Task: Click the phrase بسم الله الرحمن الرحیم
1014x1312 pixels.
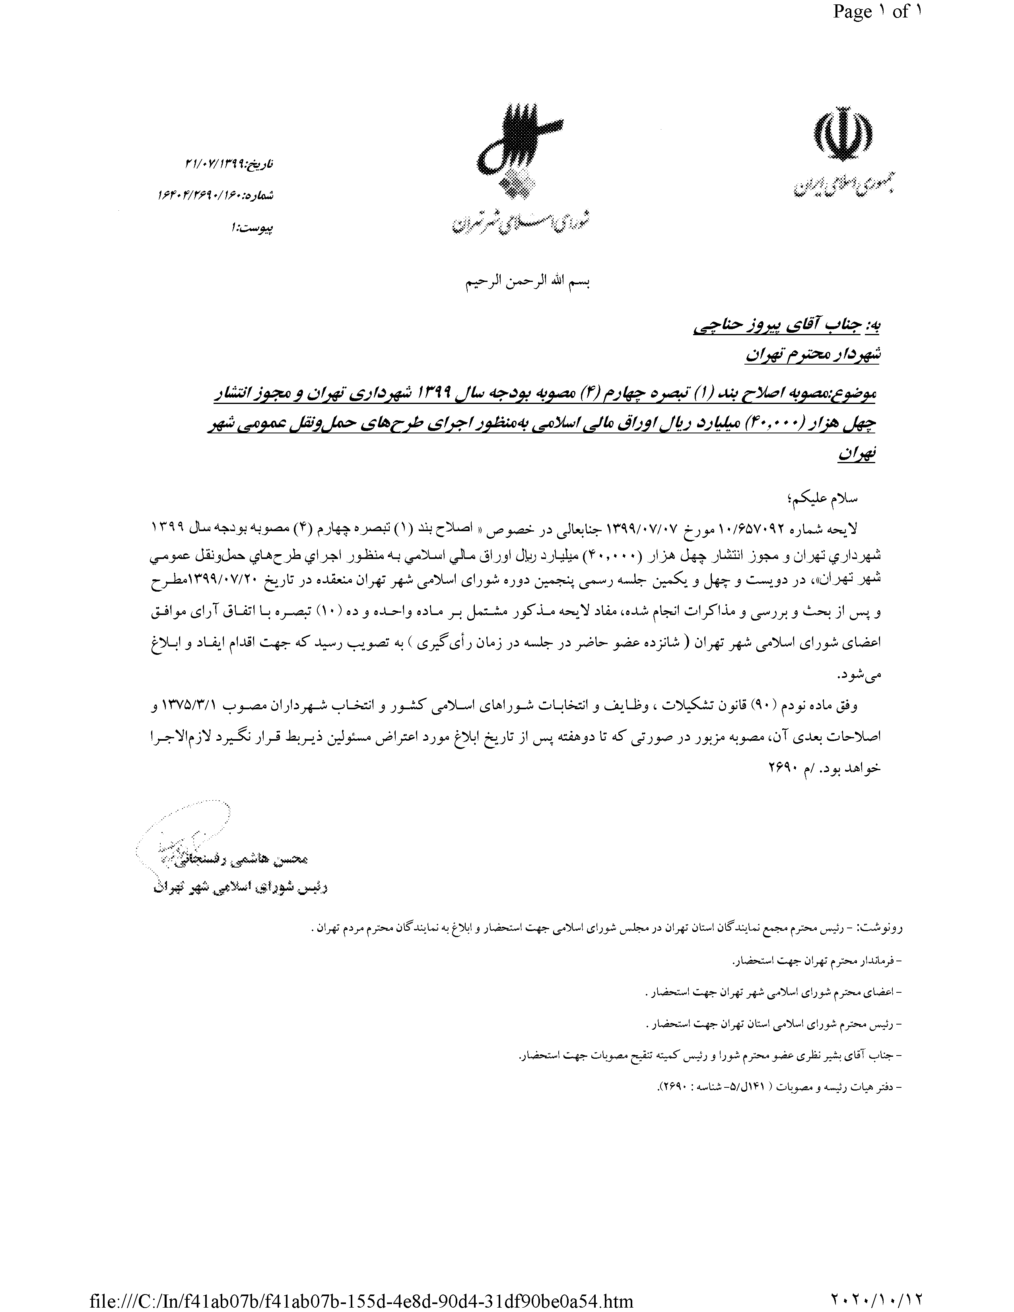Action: (528, 282)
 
